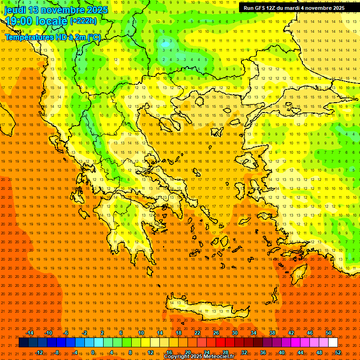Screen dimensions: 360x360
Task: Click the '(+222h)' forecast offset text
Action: coord(83,21)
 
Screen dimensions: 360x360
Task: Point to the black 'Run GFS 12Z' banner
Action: coord(294,8)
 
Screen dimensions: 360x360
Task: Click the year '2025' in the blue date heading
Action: coord(97,10)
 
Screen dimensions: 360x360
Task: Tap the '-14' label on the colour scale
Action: coord(30,333)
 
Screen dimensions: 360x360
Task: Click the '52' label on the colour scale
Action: coord(338,352)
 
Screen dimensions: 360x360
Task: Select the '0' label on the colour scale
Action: coord(93,352)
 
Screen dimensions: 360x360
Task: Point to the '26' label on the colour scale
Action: coord(216,333)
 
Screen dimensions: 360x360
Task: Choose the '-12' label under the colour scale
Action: coord(39,352)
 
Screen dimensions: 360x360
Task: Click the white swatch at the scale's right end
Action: coord(333,343)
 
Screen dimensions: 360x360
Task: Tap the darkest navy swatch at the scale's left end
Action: coord(23,343)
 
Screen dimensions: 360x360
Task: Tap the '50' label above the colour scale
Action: coord(328,333)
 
